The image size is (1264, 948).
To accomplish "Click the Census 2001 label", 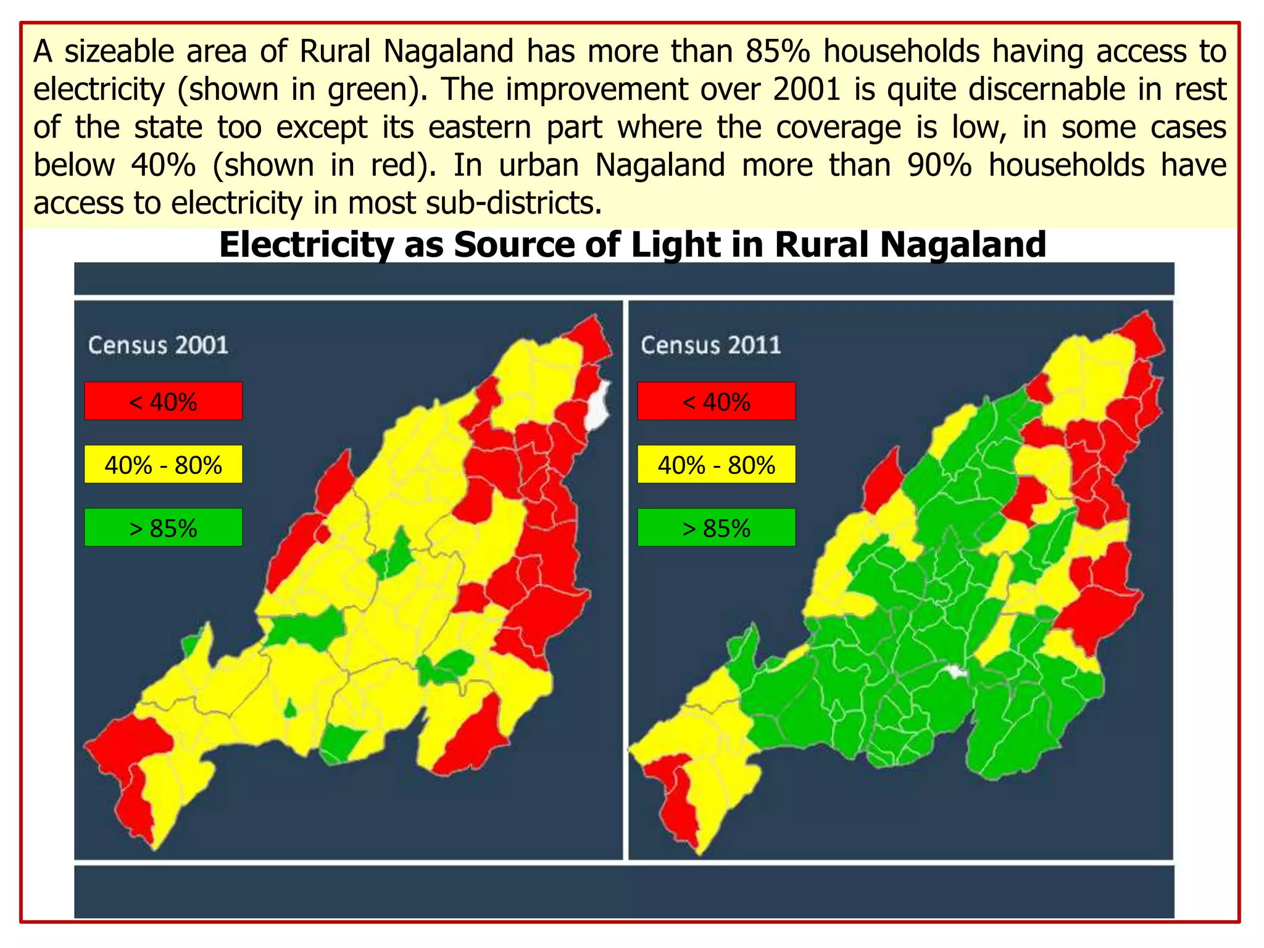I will [x=158, y=345].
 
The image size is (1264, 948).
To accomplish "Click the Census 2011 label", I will [x=710, y=345].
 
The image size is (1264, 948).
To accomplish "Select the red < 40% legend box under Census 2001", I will [x=163, y=401].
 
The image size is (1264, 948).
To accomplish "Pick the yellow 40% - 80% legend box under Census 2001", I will [x=163, y=464].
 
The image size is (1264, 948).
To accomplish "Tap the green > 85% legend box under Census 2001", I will [x=163, y=528].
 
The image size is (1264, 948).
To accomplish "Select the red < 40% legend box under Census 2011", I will [x=716, y=401].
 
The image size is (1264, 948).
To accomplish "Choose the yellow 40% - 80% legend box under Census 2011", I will [x=716, y=464].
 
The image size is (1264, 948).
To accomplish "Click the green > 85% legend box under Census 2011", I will [x=716, y=528].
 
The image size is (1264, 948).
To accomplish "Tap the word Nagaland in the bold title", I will [x=963, y=244].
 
